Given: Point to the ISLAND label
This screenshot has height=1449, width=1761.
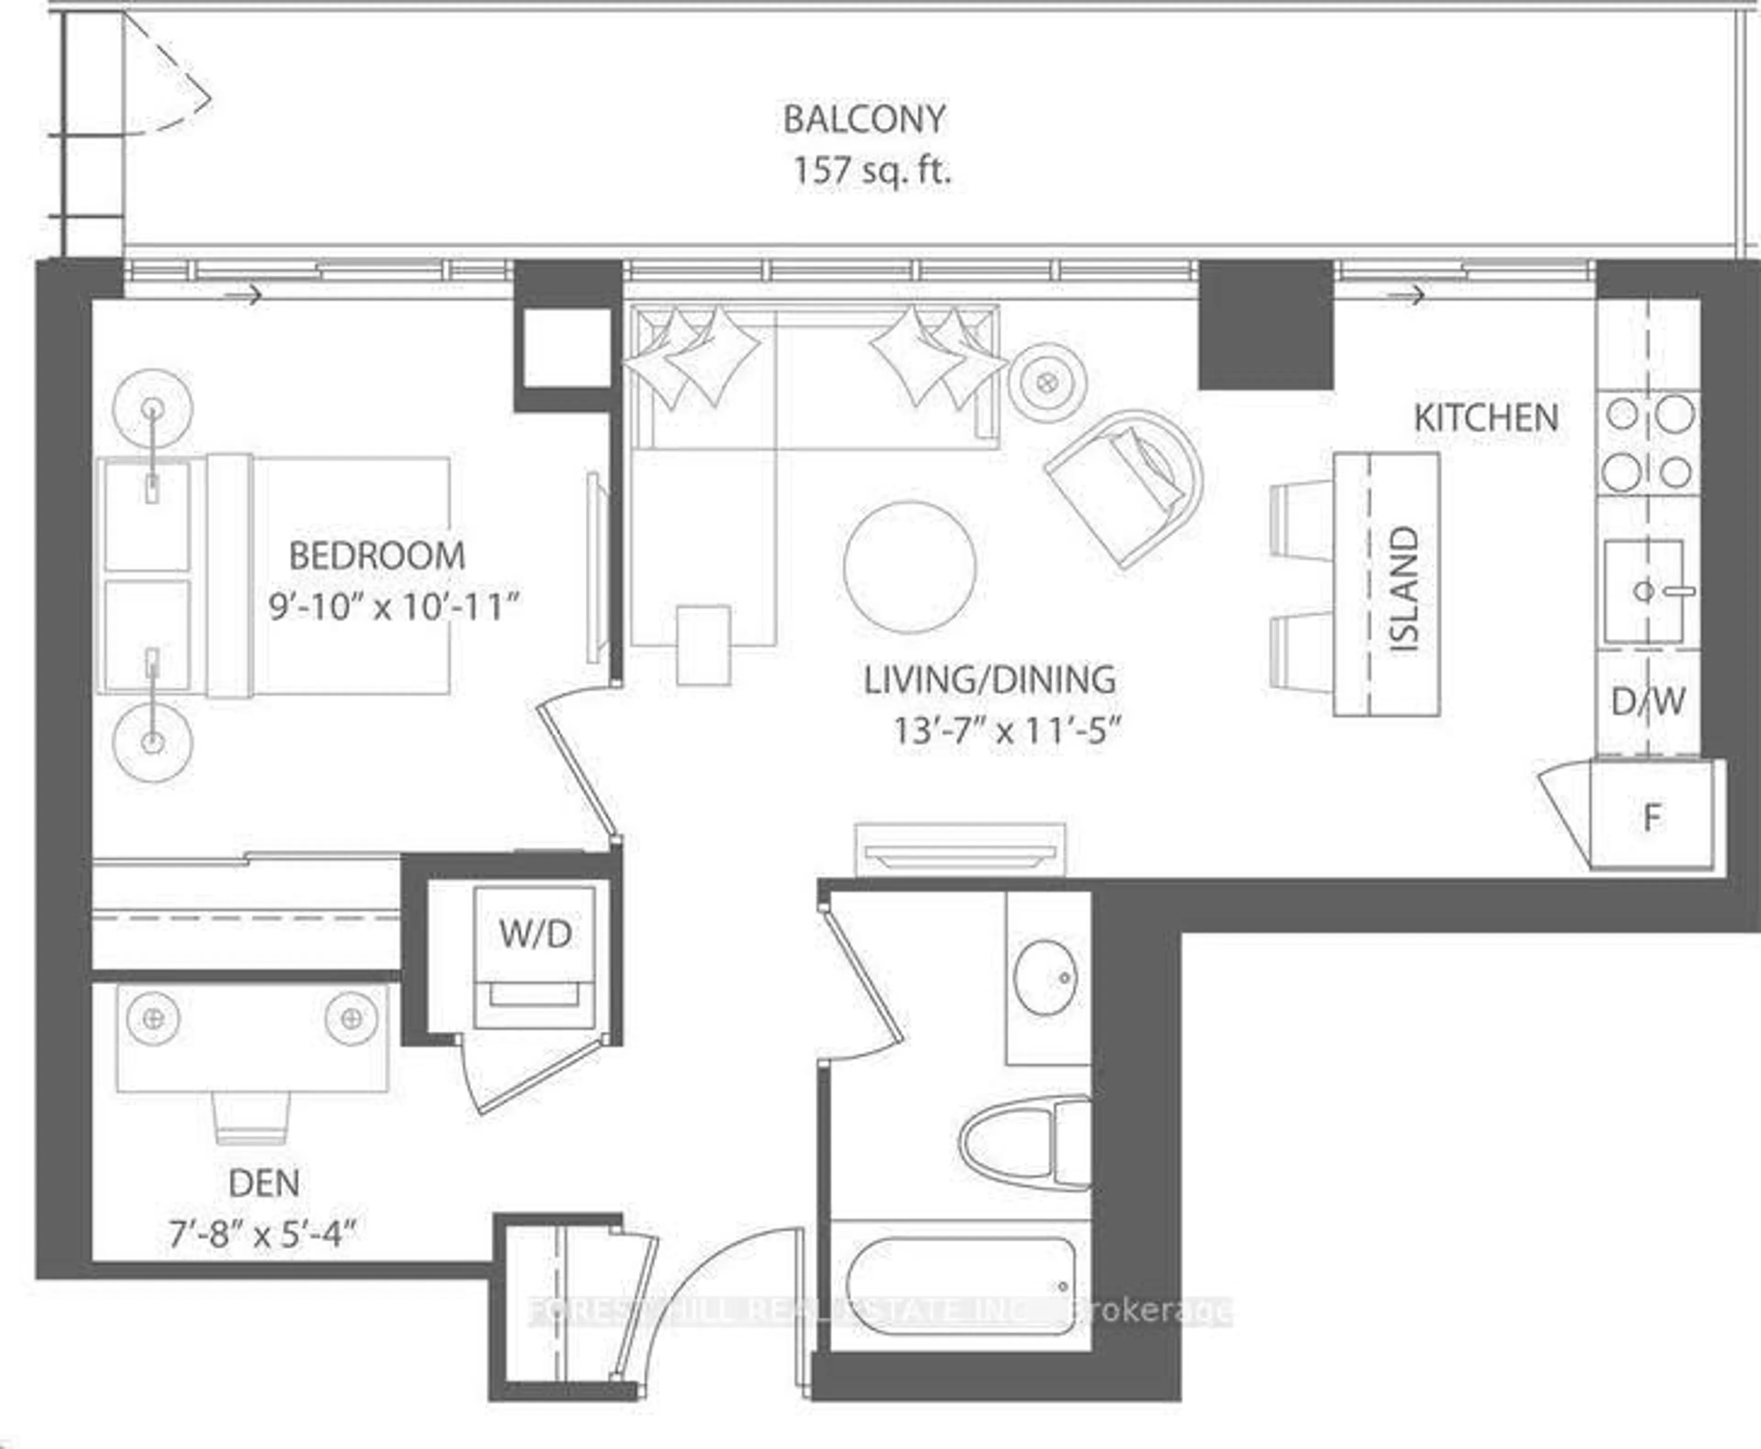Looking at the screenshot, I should (1405, 588).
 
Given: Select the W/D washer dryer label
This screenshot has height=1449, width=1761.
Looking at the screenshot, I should (535, 934).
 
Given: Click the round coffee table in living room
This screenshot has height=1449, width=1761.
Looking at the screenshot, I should (910, 567).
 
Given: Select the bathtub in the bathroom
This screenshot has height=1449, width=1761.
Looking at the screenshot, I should (960, 1286).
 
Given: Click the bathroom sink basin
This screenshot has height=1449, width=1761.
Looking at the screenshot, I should (1046, 977).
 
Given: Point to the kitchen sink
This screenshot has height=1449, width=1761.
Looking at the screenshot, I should (1643, 591).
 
